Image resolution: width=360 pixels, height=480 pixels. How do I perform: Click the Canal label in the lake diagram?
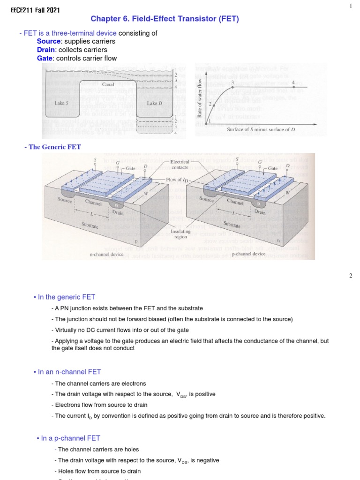(x=108, y=85)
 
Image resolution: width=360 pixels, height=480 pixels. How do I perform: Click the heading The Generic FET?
(x=55, y=147)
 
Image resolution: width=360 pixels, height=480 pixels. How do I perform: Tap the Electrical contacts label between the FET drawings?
(x=180, y=164)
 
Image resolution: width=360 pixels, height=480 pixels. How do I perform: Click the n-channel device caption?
(x=106, y=254)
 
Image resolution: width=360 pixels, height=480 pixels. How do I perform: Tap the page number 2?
(x=350, y=276)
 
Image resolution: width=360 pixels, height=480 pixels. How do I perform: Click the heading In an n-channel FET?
(x=67, y=372)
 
